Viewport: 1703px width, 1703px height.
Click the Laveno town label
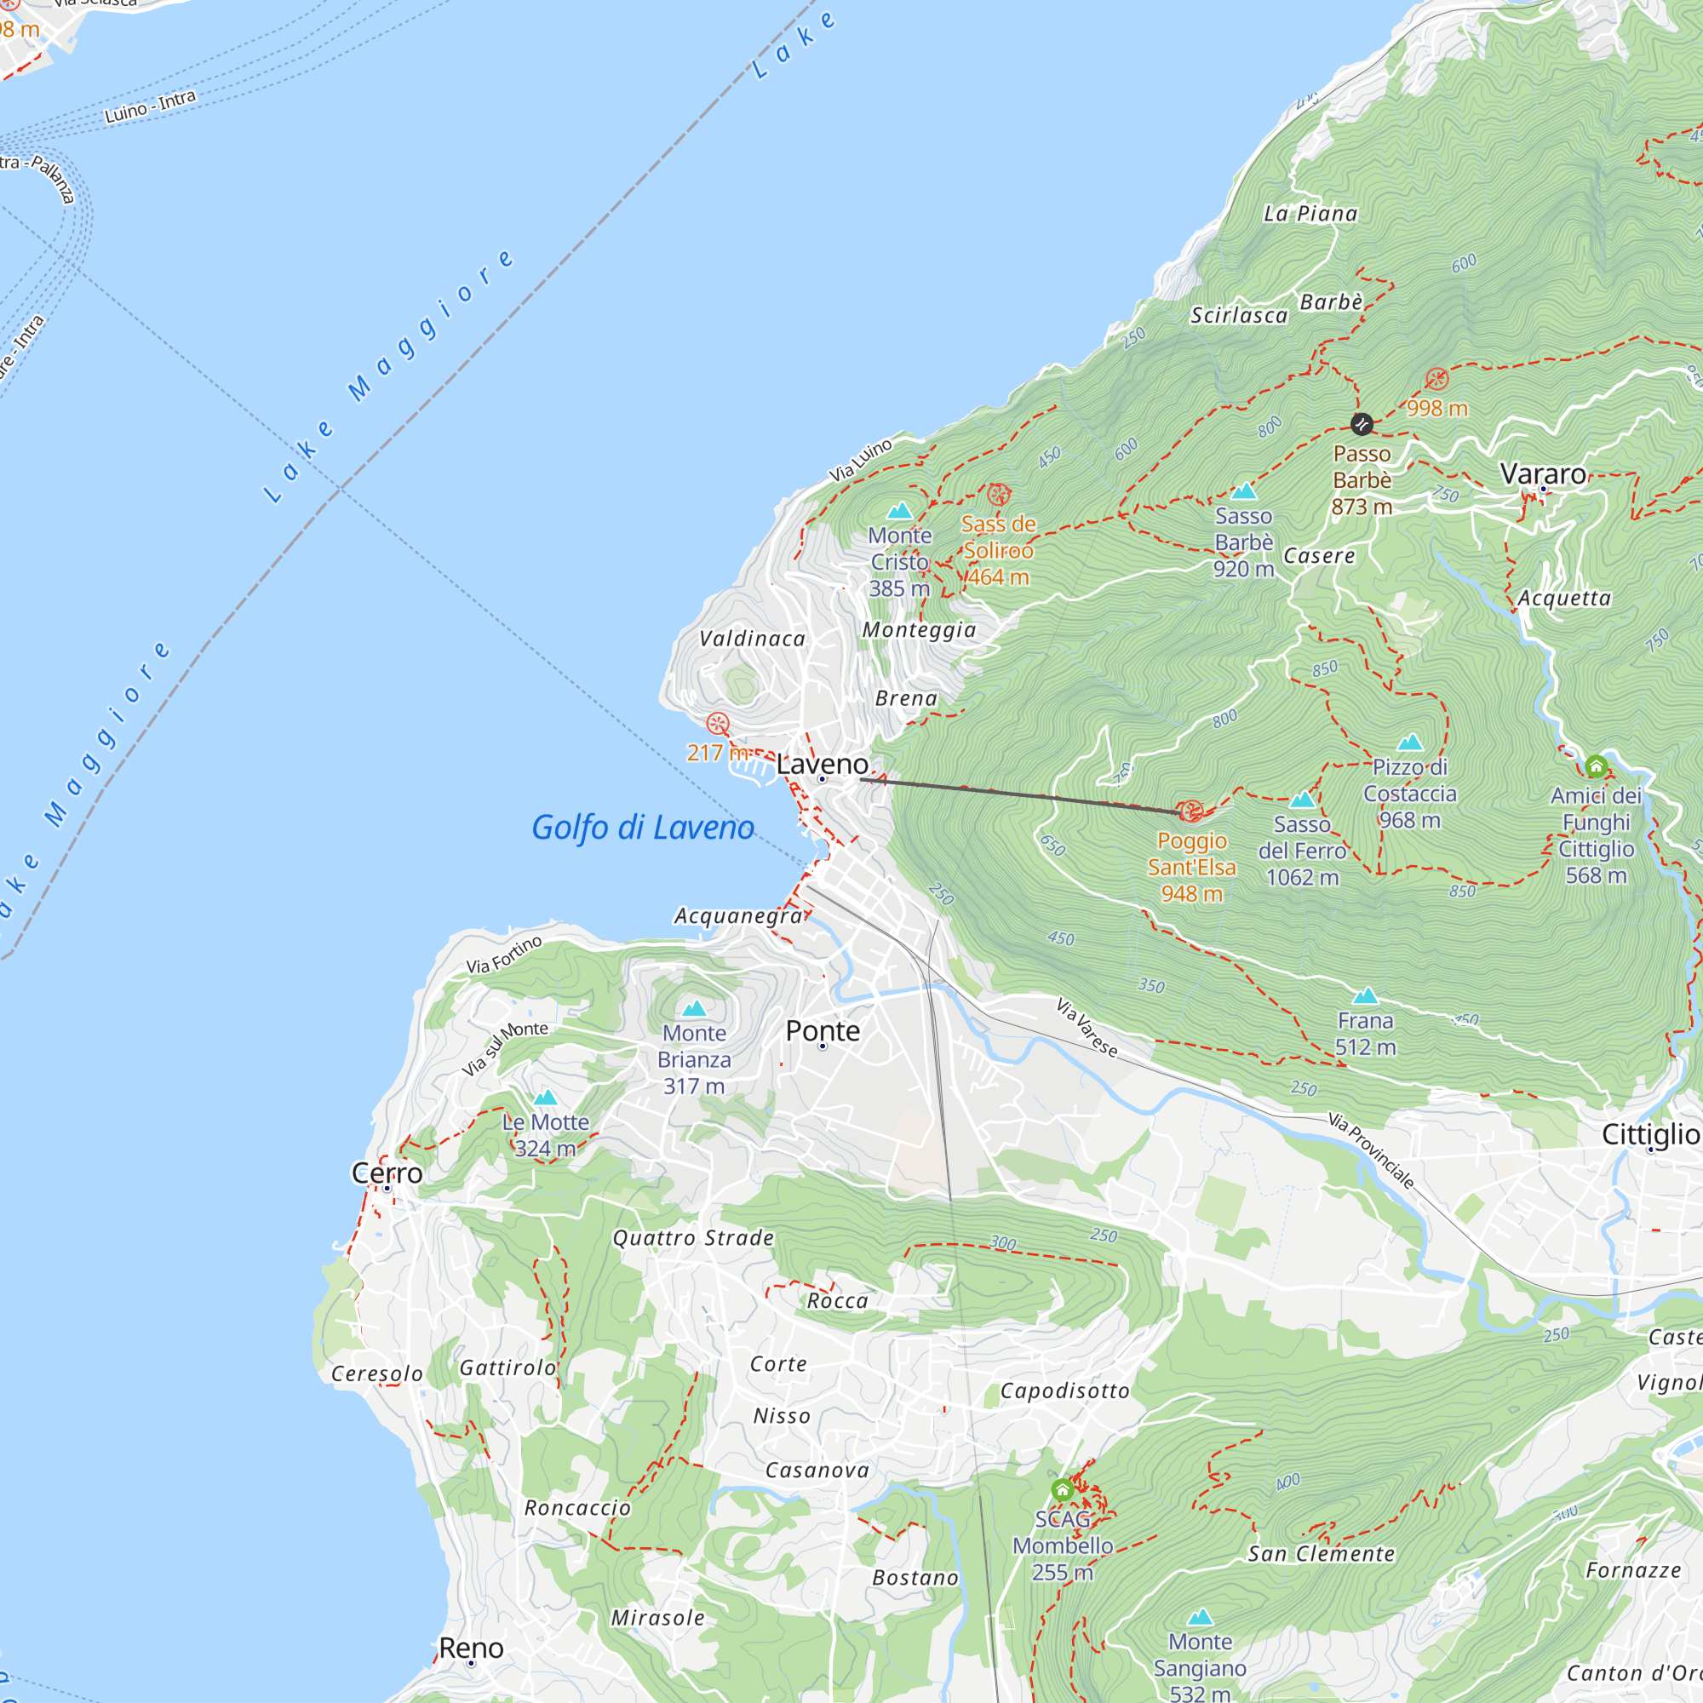coord(822,765)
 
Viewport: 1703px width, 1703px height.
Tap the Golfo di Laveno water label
coord(643,828)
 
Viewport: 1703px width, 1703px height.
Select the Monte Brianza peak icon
coord(695,1008)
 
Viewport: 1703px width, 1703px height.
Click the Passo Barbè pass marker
coord(1361,424)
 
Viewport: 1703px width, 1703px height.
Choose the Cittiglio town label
coord(1650,1134)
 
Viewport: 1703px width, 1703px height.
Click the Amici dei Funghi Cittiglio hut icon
coord(1596,766)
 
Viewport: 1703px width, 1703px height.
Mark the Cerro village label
coord(387,1173)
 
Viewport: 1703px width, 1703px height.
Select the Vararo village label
coord(1543,474)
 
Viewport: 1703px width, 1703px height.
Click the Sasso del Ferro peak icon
coord(1302,800)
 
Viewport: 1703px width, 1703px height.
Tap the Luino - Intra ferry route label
coord(150,106)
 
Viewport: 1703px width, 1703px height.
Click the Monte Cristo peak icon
coord(899,511)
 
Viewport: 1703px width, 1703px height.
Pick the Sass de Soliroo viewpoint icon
coord(998,495)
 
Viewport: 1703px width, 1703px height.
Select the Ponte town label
coord(823,1030)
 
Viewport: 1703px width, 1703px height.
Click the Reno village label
coord(471,1648)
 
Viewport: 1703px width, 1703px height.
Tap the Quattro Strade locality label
coord(693,1238)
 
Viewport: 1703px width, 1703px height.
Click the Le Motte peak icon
coord(546,1098)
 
